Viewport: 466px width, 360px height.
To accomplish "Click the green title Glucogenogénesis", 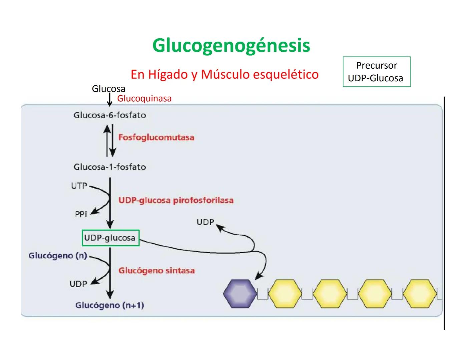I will coord(231,46).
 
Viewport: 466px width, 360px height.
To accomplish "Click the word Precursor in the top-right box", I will coord(376,65).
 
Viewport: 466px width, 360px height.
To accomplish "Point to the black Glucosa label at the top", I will coord(108,89).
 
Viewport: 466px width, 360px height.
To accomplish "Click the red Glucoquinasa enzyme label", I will coord(144,99).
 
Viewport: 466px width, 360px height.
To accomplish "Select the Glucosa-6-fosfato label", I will coord(110,115).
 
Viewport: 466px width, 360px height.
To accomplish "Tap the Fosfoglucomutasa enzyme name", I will coord(156,137).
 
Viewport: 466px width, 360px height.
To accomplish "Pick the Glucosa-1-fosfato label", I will coord(110,167).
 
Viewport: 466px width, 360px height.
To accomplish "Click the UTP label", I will coord(79,186).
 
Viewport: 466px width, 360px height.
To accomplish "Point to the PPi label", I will coord(81,214).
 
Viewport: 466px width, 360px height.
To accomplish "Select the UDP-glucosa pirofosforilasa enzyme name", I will coord(176,200).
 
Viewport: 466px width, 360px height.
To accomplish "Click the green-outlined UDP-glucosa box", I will coord(110,238).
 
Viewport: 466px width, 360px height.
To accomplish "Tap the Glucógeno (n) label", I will coord(58,256).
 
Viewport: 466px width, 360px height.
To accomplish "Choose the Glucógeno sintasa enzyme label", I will coord(156,270).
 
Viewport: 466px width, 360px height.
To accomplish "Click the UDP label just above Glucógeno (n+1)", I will coord(78,284).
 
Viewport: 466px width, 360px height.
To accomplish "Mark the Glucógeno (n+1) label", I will coord(110,305).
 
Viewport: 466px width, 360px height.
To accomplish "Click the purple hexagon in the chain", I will coord(240,294).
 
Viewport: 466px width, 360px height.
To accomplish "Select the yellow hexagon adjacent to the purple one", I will coord(285,294).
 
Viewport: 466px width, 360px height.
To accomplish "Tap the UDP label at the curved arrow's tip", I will coord(205,222).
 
